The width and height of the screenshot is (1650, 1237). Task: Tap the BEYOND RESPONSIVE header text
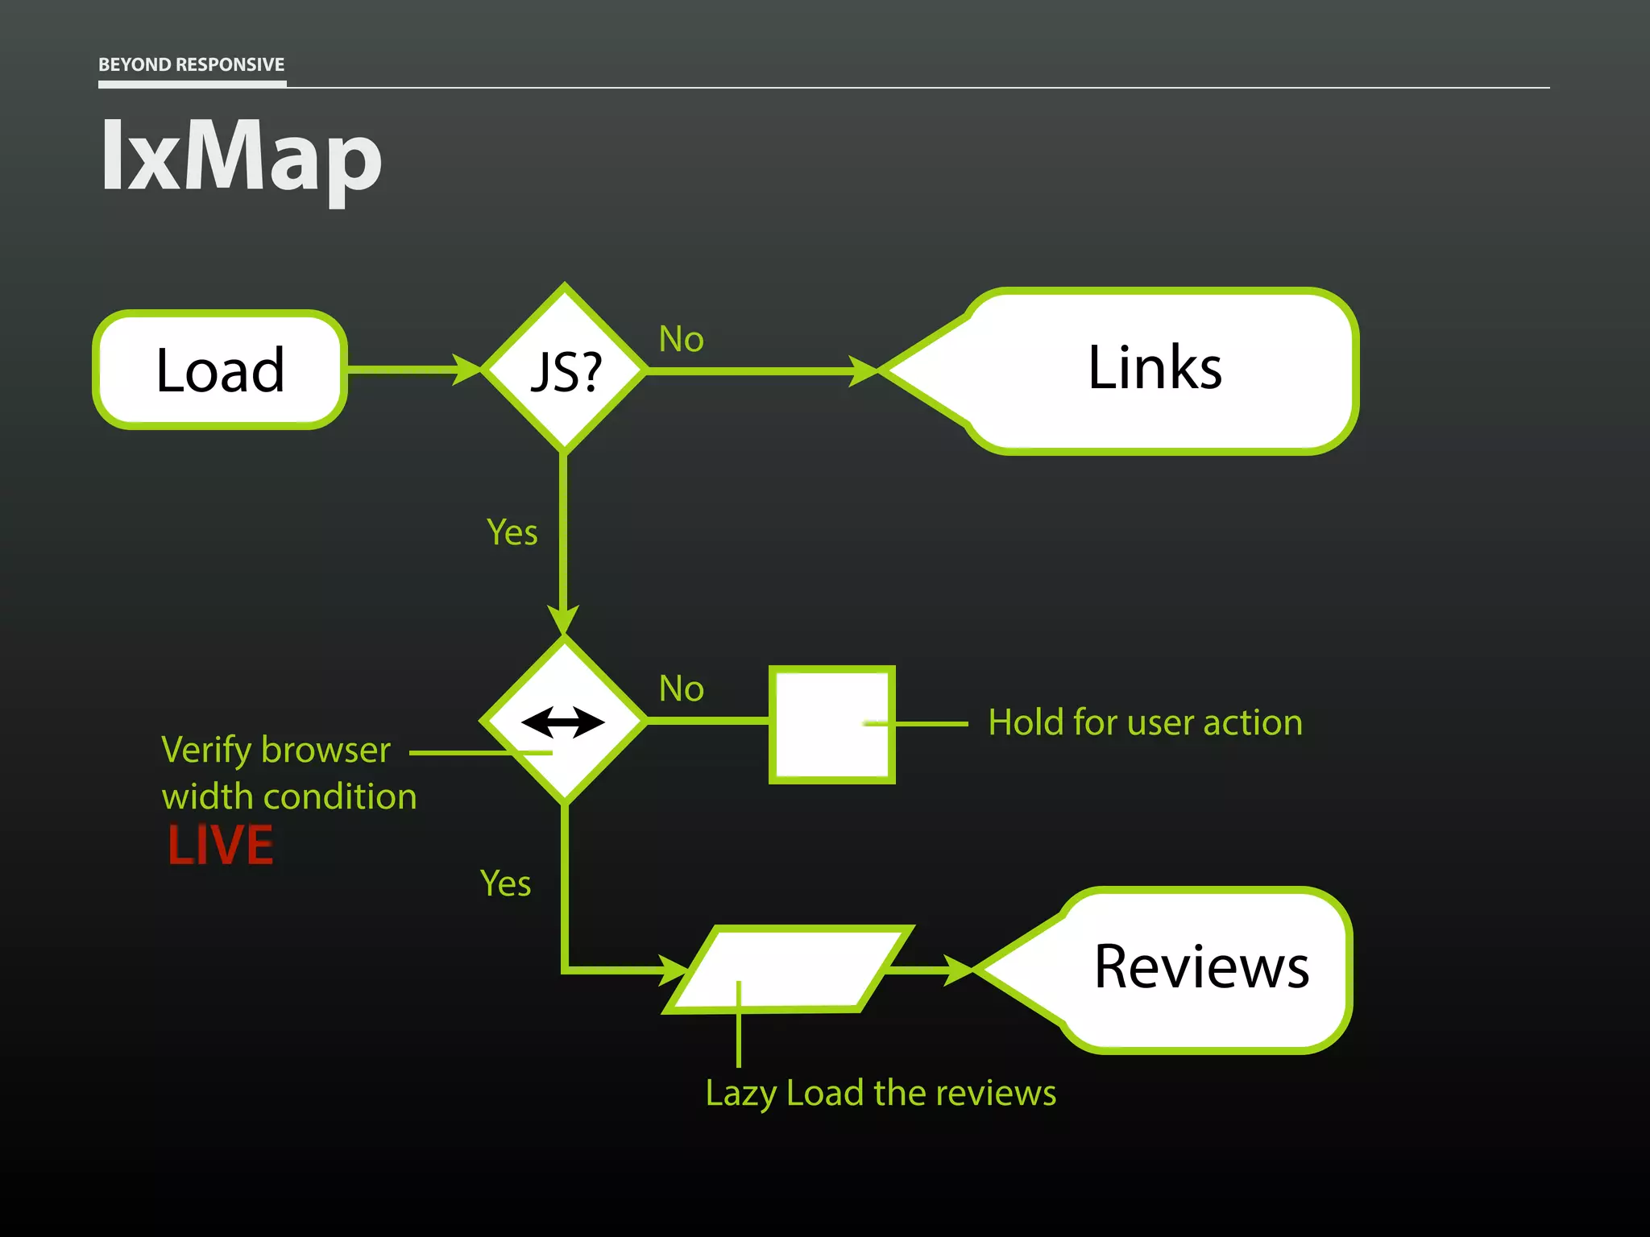tap(191, 64)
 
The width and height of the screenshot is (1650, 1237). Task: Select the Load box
tap(220, 370)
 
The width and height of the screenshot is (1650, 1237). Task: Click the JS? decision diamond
tap(565, 370)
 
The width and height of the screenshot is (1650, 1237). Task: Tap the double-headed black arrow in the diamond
tap(563, 722)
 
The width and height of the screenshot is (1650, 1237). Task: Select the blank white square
tap(831, 724)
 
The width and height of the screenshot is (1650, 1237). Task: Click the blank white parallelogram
tap(788, 969)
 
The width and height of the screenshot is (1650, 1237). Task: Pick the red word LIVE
tap(220, 846)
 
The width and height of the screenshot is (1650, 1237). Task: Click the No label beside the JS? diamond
tap(681, 339)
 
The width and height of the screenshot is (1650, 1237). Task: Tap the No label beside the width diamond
tap(681, 689)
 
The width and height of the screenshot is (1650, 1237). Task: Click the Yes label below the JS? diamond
tap(512, 532)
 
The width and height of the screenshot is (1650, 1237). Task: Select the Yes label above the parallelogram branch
tap(505, 883)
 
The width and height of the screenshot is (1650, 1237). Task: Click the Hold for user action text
tap(1145, 722)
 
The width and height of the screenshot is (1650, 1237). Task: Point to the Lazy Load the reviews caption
tap(881, 1093)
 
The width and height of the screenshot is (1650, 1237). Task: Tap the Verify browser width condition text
tap(288, 772)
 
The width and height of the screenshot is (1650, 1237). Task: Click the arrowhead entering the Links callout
tap(863, 371)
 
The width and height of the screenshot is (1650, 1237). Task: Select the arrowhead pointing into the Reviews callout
tap(959, 970)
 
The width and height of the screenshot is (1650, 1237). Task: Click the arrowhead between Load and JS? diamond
tap(466, 370)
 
